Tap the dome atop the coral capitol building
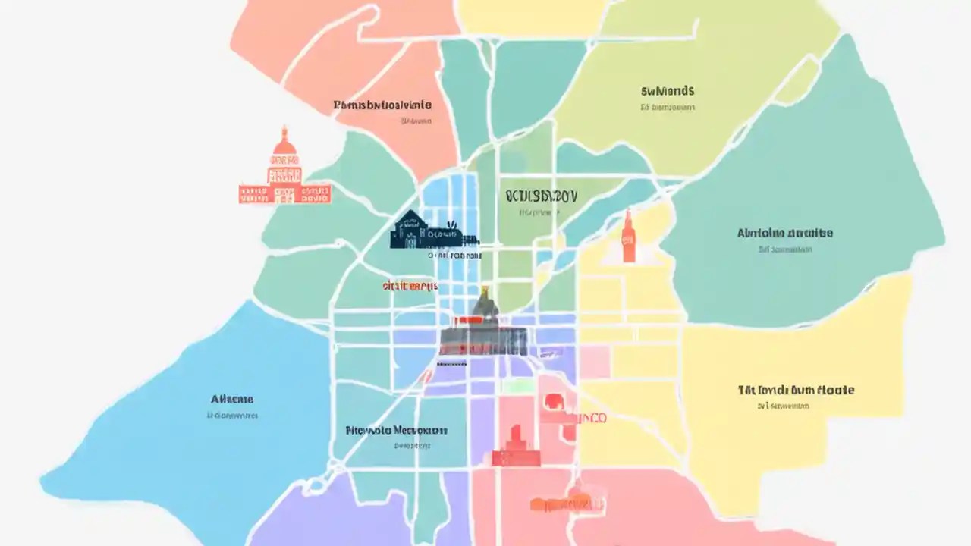[284, 142]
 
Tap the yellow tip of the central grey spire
[483, 290]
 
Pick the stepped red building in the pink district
[516, 447]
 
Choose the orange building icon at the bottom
[561, 502]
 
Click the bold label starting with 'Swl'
[668, 92]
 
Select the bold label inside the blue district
[232, 399]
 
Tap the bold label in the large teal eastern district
[785, 233]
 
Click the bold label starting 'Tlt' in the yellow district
[797, 391]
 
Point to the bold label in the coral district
[382, 105]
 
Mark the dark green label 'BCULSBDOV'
[541, 196]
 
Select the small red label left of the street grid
[410, 286]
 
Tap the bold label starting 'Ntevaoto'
[396, 430]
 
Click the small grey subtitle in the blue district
[232, 416]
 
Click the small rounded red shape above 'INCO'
[553, 403]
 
